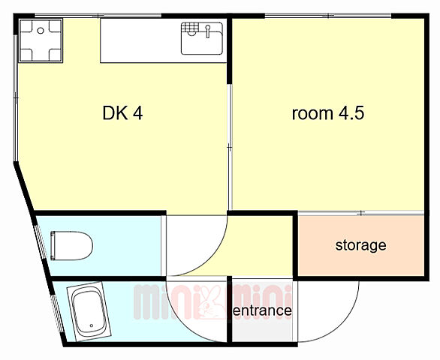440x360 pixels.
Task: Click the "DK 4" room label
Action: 122,113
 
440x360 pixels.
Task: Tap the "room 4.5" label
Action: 328,113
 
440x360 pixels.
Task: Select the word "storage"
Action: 360,245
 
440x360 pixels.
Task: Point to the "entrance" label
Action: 262,310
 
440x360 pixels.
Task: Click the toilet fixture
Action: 71,245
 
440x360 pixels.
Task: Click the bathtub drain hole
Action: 92,325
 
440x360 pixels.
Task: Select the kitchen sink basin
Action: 202,38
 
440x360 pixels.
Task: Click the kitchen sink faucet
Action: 208,31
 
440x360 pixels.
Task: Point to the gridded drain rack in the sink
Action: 188,28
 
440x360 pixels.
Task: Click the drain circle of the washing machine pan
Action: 41,31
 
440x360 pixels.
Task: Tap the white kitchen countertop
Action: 164,40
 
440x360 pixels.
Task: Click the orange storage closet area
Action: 361,245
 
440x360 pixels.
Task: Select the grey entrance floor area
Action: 262,311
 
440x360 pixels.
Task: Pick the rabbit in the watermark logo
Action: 211,302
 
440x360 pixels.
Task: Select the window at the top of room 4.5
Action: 328,16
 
